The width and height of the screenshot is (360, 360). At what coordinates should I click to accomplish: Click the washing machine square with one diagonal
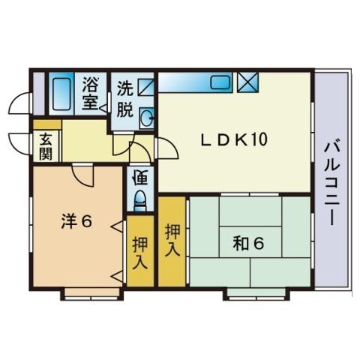[x=145, y=85]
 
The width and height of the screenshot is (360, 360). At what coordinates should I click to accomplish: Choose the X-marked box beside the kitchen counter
[x=246, y=82]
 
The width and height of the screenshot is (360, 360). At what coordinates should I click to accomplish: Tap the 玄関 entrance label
[x=46, y=147]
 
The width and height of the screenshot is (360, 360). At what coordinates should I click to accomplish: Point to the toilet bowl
[x=139, y=200]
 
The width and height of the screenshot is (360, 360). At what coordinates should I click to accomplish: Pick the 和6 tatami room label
[x=248, y=244]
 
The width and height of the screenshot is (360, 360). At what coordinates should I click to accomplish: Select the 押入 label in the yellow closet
[x=172, y=238]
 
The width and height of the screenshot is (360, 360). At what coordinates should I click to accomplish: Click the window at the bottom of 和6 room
[x=247, y=294]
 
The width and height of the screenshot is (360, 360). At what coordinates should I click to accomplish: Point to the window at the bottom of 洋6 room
[x=82, y=294]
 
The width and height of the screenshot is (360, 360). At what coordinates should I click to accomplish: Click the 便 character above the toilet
[x=139, y=178]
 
